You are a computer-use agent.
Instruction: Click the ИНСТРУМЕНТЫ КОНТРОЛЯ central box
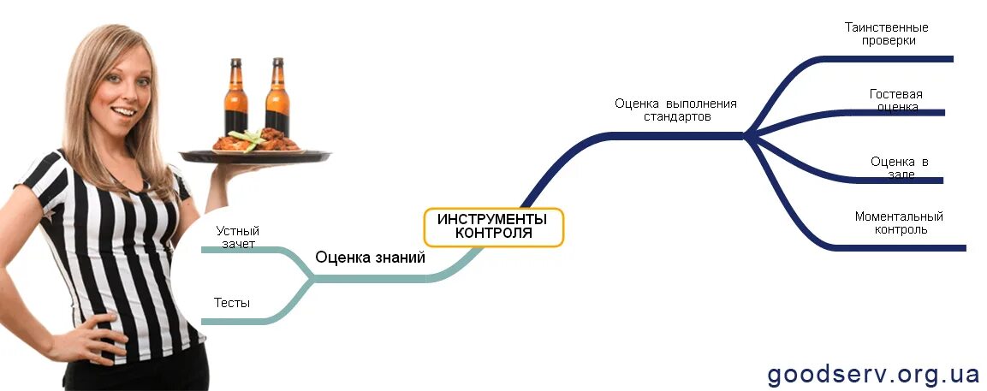[494, 227]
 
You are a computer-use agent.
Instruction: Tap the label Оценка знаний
[370, 257]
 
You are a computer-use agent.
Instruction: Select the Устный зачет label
[238, 237]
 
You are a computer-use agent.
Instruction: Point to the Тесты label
[232, 302]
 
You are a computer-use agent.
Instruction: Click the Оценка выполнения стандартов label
[675, 110]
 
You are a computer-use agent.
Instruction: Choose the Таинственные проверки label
[886, 33]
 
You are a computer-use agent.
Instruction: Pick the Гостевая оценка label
[895, 100]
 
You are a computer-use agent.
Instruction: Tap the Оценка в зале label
[899, 168]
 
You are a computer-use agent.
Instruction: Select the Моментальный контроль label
[899, 222]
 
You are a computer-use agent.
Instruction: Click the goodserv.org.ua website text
[873, 375]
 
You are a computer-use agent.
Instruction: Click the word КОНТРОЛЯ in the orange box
[493, 233]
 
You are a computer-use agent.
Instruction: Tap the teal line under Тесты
[235, 322]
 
